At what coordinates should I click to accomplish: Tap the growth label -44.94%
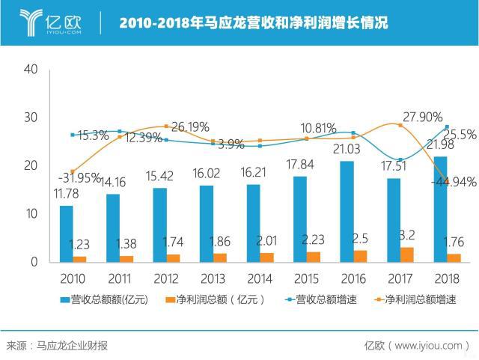tap(451, 181)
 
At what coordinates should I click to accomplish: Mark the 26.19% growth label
tap(190, 127)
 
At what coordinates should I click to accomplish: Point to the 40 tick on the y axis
tap(31, 69)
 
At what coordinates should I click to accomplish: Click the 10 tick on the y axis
tap(31, 214)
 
